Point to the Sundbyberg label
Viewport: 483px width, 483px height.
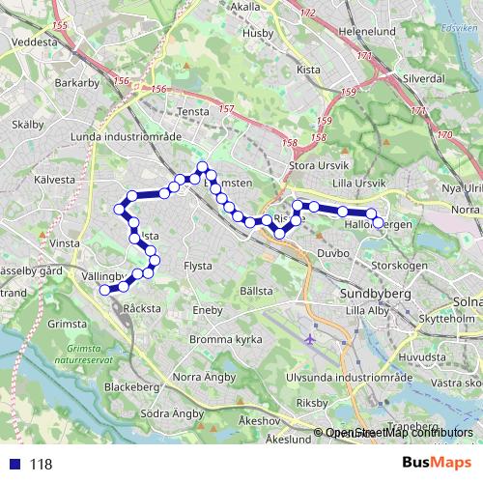point(376,292)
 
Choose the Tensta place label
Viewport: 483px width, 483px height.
point(194,111)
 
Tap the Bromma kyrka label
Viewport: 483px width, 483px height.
point(229,339)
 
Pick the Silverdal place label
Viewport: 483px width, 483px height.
point(423,76)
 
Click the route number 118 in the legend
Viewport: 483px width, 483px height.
point(41,464)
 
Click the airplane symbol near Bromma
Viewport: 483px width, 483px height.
point(309,339)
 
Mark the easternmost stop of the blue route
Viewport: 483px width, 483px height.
point(378,223)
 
